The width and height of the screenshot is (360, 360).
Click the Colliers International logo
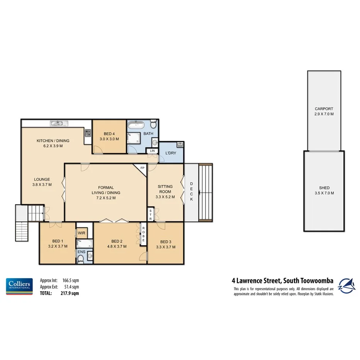19,286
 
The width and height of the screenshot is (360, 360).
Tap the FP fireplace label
142,168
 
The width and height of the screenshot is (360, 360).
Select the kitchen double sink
59,124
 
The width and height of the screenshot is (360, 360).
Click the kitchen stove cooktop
88,133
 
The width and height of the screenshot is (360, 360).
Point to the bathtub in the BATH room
136,125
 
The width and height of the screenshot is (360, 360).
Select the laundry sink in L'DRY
180,145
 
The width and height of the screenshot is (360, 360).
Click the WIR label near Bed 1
82,233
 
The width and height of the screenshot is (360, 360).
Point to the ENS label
81,252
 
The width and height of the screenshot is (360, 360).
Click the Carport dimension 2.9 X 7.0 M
324,114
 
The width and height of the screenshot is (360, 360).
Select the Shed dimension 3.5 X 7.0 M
324,193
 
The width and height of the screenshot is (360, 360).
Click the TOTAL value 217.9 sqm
71,293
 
